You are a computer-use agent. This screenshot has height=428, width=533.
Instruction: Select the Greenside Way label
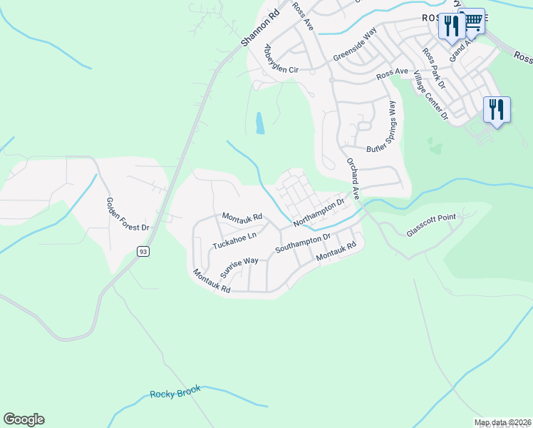coord(355,46)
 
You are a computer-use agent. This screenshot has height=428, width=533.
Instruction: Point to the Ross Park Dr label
coord(433,68)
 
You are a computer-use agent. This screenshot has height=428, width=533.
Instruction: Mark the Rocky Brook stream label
coord(175,392)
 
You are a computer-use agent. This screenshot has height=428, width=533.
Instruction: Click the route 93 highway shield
coord(144,251)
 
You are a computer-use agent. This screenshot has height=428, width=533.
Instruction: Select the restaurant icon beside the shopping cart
coord(451,26)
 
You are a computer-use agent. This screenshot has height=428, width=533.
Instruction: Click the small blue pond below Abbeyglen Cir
coord(260,123)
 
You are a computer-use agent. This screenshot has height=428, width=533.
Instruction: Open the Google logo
coord(24,419)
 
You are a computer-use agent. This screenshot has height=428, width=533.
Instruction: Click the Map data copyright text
coord(502,422)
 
